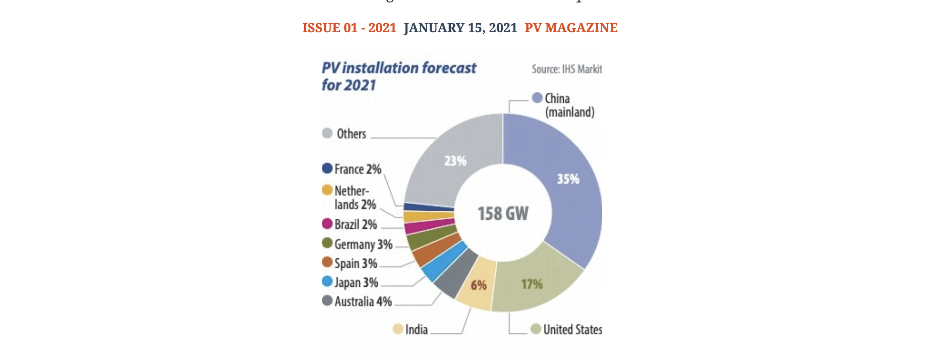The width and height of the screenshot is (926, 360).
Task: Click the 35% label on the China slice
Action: [x=568, y=179]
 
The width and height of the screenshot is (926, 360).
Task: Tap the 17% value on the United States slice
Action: [x=532, y=284]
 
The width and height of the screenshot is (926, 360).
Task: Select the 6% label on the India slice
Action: [x=478, y=285]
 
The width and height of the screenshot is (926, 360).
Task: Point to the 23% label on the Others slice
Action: [x=455, y=161]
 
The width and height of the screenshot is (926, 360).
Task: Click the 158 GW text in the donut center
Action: [x=503, y=213]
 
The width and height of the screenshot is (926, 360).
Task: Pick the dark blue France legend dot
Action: [x=327, y=168]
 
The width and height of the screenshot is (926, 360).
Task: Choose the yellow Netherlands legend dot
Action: [x=327, y=190]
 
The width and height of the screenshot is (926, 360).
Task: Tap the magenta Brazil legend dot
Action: [x=327, y=223]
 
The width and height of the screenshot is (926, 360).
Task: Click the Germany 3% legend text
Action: [x=363, y=245]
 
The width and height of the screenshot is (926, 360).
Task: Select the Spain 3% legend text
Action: [x=356, y=264]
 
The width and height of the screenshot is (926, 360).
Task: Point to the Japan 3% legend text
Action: [x=356, y=282]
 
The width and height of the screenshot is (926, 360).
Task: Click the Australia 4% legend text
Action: [x=363, y=302]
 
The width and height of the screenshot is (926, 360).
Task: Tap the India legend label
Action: [x=416, y=329]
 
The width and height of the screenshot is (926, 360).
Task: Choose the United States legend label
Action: [x=572, y=329]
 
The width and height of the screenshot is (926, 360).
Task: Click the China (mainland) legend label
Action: [x=569, y=105]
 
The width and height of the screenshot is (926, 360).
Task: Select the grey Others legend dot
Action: [x=327, y=133]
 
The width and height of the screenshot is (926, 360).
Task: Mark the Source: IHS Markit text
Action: [x=566, y=69]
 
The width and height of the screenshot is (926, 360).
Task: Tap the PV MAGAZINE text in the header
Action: [x=571, y=28]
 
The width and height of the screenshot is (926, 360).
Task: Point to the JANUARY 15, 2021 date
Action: [x=460, y=28]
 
